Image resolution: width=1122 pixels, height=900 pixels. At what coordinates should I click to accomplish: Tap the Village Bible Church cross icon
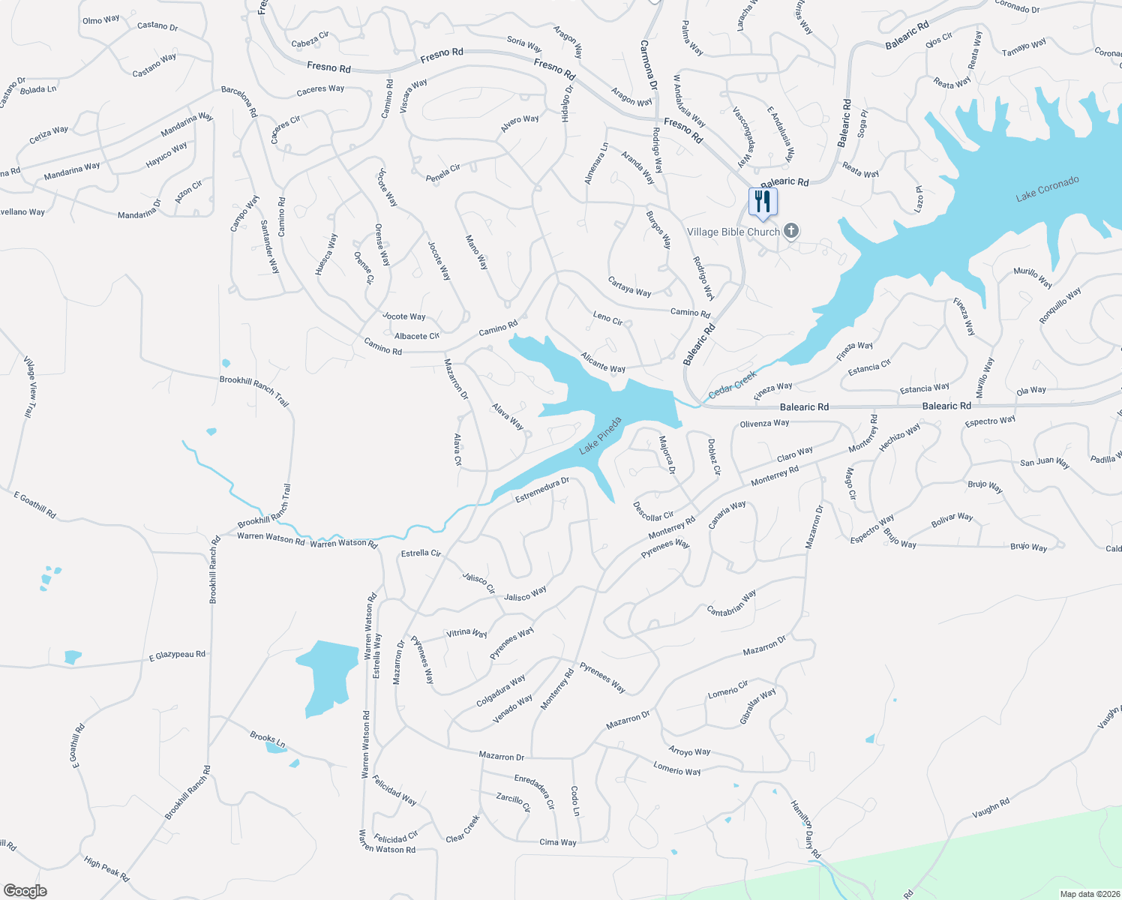click(x=791, y=231)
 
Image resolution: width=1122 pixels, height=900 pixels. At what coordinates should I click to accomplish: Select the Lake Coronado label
click(x=1047, y=189)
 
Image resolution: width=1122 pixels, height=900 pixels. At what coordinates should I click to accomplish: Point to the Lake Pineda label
click(x=601, y=436)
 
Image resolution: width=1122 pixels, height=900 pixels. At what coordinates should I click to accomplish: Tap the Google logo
click(x=25, y=890)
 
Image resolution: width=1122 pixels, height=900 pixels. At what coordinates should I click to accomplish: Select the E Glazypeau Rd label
click(x=177, y=655)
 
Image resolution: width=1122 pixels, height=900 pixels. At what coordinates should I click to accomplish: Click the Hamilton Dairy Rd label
click(x=805, y=829)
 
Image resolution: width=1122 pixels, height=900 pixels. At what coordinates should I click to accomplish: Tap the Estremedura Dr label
click(x=542, y=490)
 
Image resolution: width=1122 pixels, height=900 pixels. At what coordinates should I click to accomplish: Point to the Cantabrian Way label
click(x=731, y=604)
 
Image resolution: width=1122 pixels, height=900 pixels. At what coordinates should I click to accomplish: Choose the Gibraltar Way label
click(x=757, y=706)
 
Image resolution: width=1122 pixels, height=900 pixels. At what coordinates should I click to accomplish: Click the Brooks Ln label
click(x=268, y=739)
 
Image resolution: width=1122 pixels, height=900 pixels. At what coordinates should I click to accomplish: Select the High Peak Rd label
click(x=106, y=869)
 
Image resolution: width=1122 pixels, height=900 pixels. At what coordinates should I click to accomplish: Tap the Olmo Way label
click(x=100, y=19)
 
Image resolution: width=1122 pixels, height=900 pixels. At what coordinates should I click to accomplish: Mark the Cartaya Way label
click(x=629, y=286)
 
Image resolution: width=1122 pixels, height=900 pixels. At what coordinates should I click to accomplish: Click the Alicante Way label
click(x=603, y=362)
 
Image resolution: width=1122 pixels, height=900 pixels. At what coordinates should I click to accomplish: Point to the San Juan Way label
click(x=1044, y=462)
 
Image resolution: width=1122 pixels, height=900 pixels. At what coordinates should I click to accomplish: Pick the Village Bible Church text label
click(x=733, y=232)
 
